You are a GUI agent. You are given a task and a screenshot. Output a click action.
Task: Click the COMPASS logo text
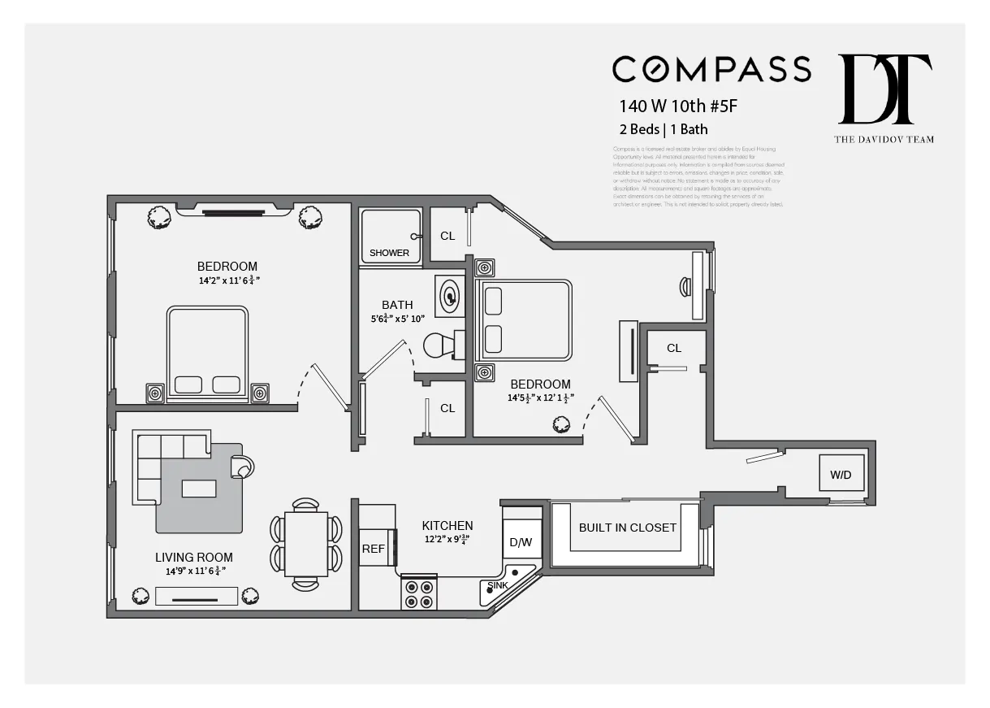[x=711, y=69]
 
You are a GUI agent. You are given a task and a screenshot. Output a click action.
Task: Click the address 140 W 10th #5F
[x=678, y=106]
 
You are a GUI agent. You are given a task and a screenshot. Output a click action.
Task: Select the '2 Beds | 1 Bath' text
[x=663, y=129]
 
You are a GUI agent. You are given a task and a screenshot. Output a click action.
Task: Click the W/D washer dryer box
[x=841, y=475]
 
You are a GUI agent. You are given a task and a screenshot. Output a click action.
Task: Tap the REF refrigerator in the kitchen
[x=374, y=549]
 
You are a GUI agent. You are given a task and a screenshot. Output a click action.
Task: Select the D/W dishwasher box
[x=520, y=542]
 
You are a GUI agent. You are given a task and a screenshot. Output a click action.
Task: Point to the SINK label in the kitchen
[x=498, y=585]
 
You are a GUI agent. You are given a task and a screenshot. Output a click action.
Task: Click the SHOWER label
[x=390, y=253]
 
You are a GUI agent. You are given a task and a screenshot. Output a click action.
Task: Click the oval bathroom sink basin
[x=448, y=295]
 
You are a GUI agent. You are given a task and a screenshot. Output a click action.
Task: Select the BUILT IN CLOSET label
[x=627, y=528]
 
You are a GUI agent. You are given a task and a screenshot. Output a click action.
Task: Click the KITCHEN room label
[x=447, y=526]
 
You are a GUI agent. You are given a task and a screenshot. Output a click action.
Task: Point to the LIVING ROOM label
[x=194, y=558]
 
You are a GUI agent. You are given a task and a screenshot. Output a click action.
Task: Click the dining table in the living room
[x=305, y=544]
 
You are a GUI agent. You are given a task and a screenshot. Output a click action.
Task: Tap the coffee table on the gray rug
[x=199, y=488]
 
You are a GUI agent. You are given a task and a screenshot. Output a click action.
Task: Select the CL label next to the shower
[x=447, y=236]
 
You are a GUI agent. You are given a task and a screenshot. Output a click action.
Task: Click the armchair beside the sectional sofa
[x=241, y=467]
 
